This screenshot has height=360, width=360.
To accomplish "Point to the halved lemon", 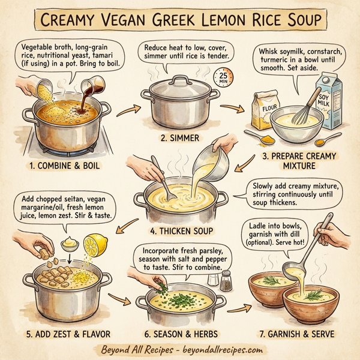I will pos(97,246).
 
